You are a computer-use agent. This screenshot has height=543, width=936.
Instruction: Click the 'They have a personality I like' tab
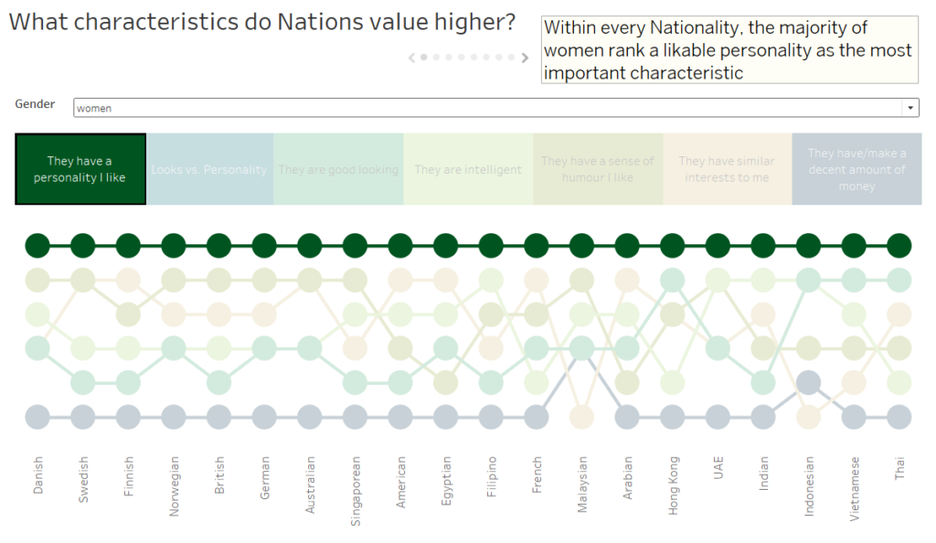[x=80, y=169]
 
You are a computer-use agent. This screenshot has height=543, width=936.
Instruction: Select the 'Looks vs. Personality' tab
[x=209, y=169]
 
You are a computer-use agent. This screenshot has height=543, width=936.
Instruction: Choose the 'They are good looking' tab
[x=338, y=169]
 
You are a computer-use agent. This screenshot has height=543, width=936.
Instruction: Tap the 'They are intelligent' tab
[x=468, y=169]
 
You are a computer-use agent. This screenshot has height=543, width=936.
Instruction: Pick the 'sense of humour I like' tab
[x=598, y=169]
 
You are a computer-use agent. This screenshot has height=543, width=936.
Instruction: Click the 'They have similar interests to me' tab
[x=727, y=169]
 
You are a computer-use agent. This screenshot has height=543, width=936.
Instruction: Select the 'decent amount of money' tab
[x=856, y=169]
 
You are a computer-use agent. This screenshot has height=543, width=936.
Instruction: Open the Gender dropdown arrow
[x=910, y=108]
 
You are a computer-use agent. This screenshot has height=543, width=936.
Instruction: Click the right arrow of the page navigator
[x=525, y=58]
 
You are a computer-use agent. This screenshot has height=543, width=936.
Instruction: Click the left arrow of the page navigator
[x=412, y=58]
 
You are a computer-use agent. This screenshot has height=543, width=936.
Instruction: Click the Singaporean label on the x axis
[x=355, y=485]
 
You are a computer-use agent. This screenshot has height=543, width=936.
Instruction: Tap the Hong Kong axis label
[x=673, y=485]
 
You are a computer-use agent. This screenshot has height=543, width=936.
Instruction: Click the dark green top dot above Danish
[x=37, y=245]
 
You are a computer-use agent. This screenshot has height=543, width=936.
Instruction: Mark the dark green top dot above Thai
[x=899, y=245]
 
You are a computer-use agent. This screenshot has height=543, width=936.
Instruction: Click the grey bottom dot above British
[x=218, y=417]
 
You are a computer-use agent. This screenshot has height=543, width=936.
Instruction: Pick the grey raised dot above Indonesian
[x=808, y=383]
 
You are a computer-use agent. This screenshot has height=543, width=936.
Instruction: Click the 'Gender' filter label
[x=35, y=104]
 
